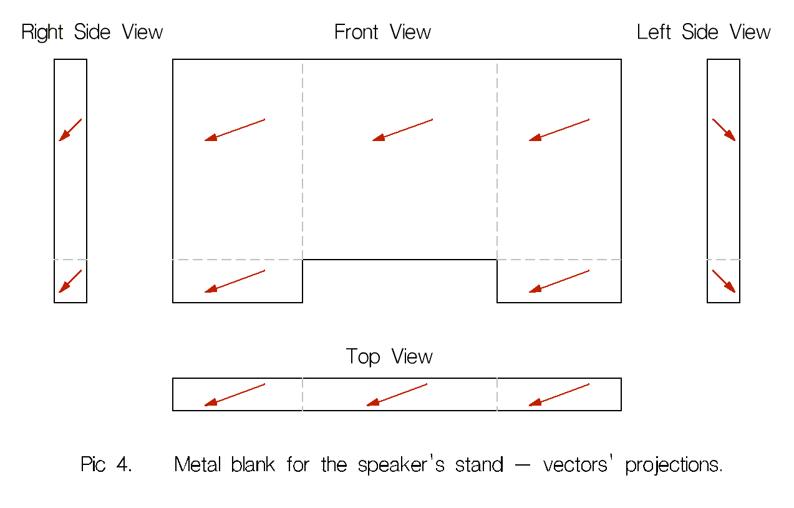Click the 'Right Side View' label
click(x=92, y=32)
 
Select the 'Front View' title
click(x=382, y=32)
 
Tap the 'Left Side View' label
click(x=704, y=32)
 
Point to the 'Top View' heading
click(x=389, y=357)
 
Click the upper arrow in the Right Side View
click(x=70, y=130)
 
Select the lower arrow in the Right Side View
click(x=70, y=281)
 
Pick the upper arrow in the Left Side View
click(x=724, y=130)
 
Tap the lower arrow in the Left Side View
click(x=724, y=281)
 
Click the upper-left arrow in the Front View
click(x=235, y=130)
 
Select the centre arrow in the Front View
click(x=402, y=130)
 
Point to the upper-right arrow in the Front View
click(x=559, y=130)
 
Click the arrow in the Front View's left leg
click(x=235, y=281)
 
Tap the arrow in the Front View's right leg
click(x=559, y=281)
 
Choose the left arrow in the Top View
click(x=235, y=394)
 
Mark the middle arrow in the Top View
click(x=397, y=394)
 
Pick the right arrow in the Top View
click(x=559, y=394)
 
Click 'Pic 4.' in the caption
click(x=106, y=465)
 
